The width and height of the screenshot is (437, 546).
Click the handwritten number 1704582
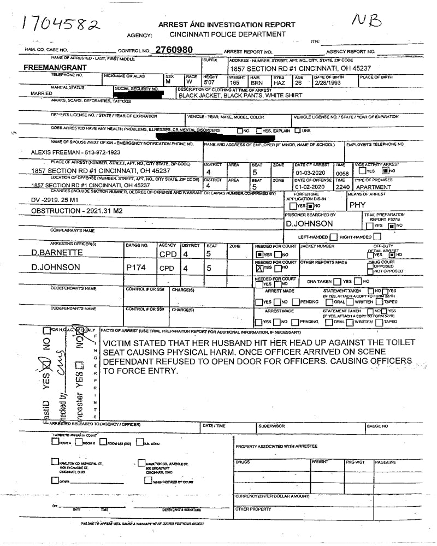point(60,23)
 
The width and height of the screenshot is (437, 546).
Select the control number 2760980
point(174,50)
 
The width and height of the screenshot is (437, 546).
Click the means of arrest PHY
point(357,205)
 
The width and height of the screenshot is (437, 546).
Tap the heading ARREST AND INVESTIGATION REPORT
point(227,25)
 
